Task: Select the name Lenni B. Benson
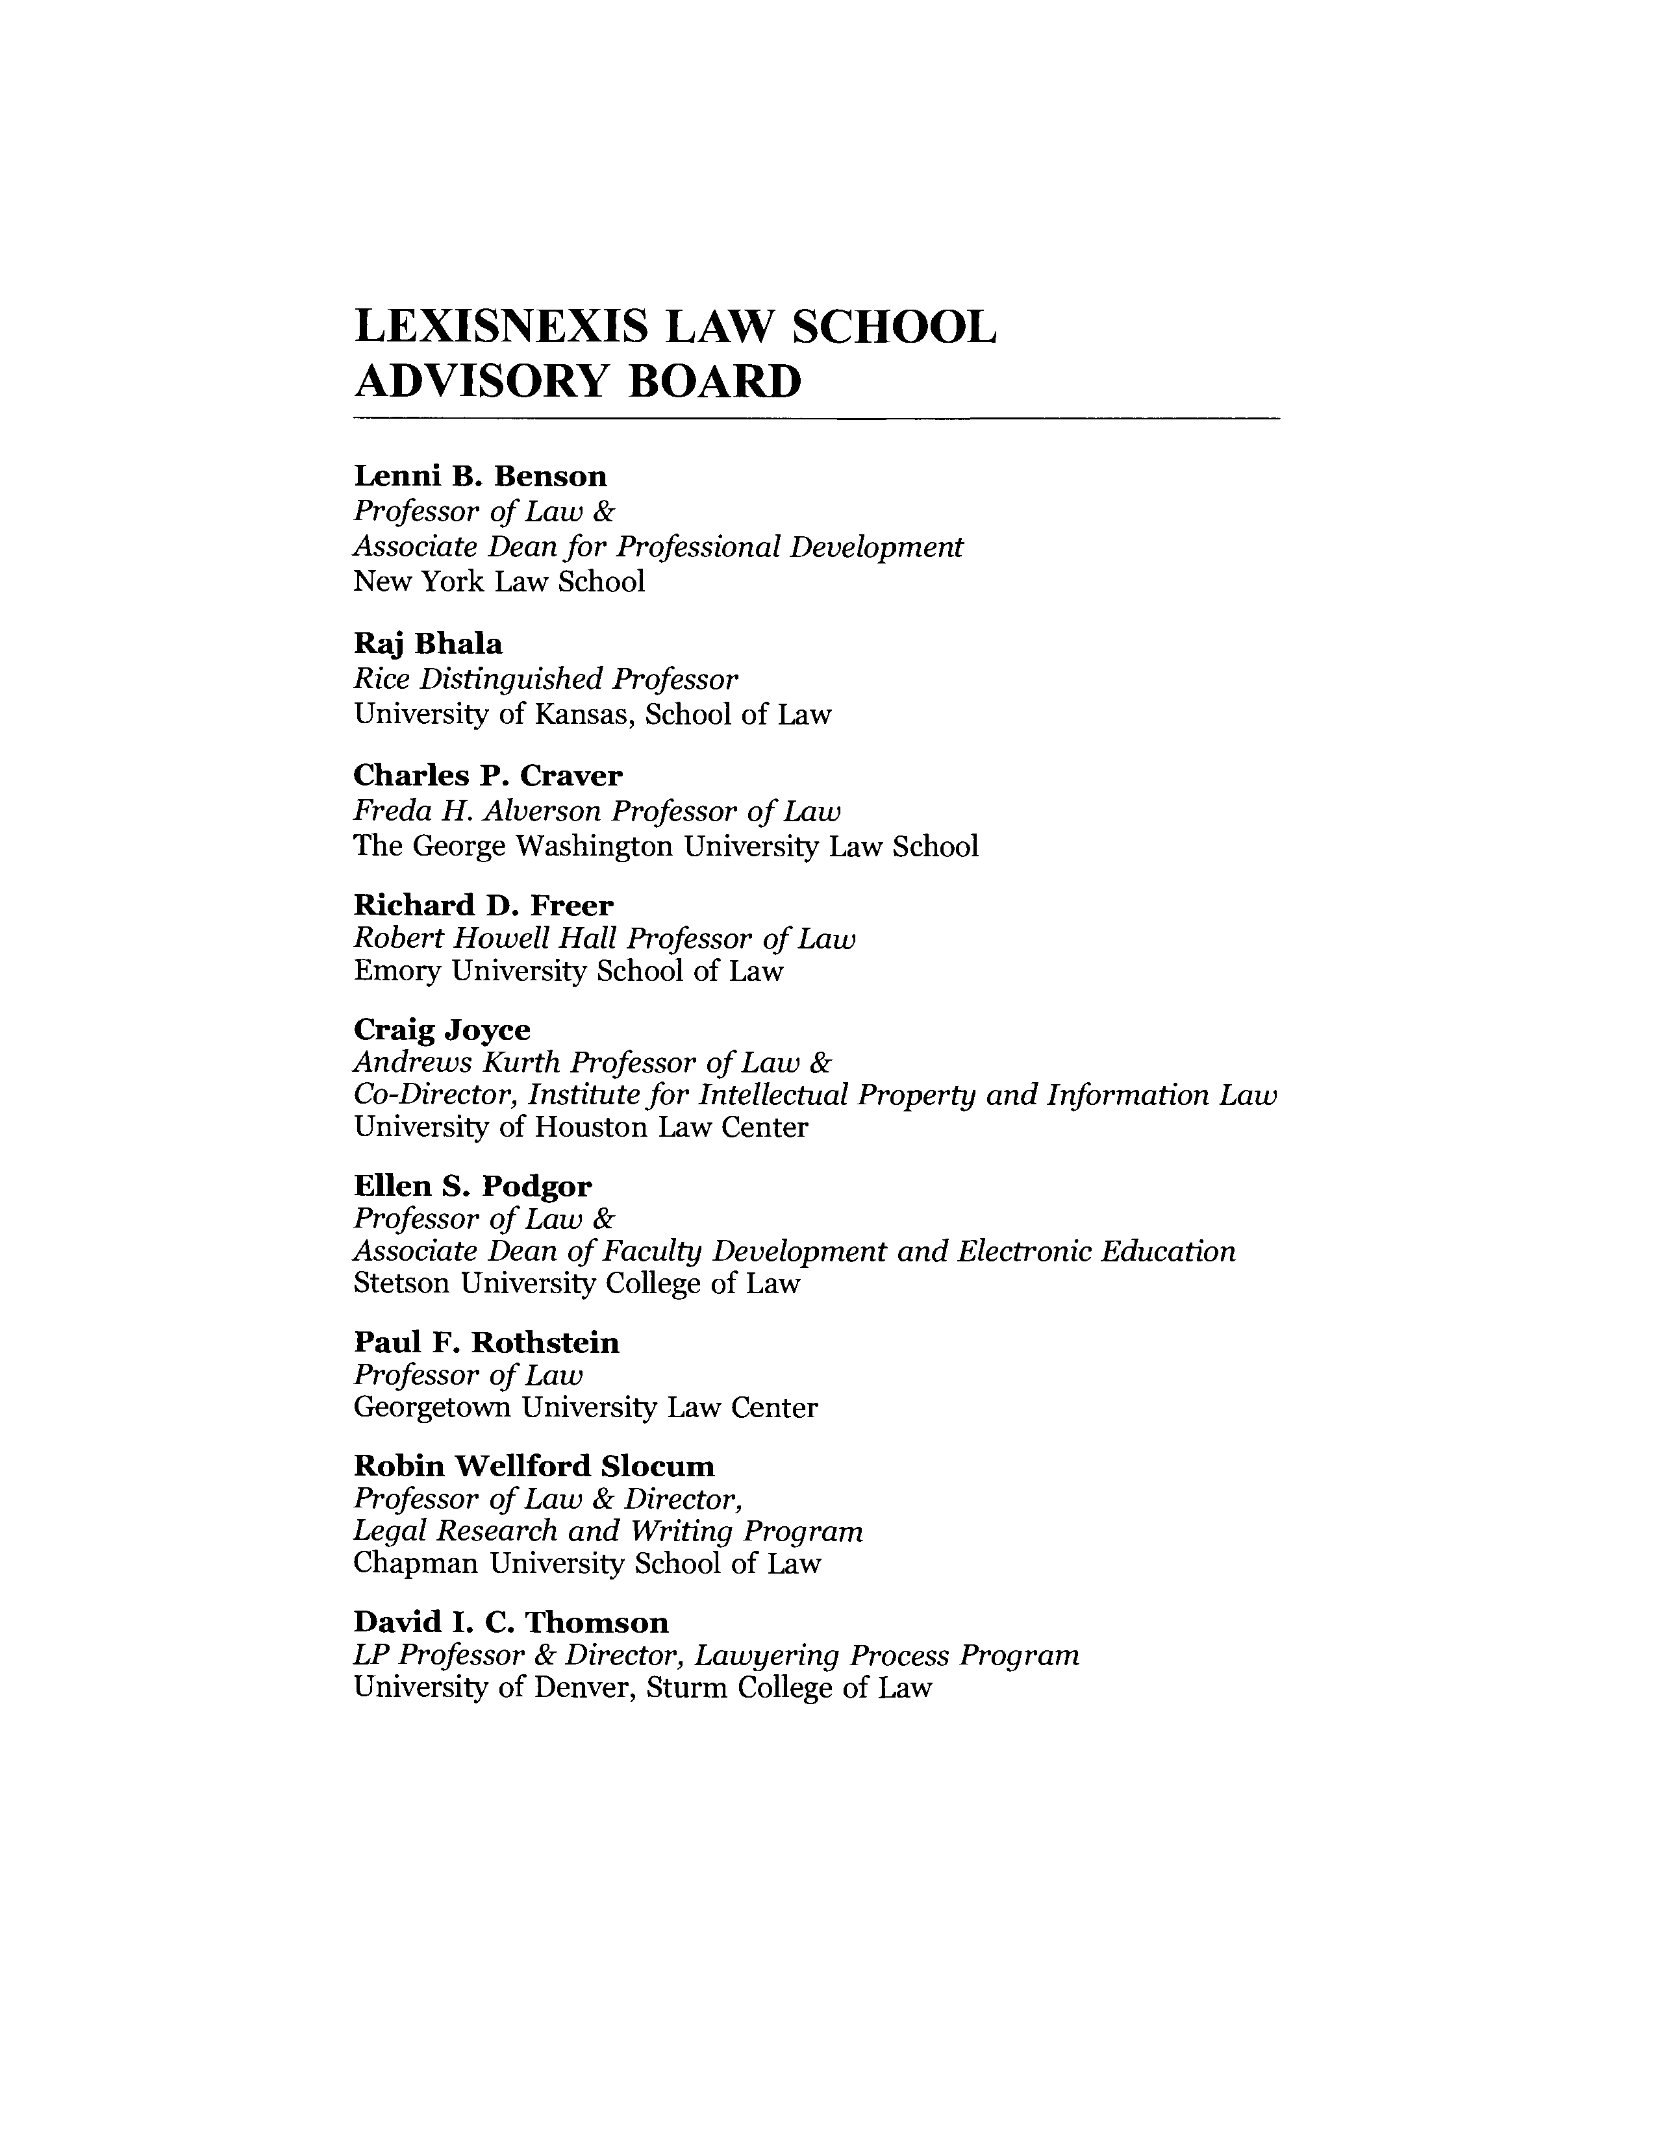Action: point(479,476)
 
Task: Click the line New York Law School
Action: point(499,582)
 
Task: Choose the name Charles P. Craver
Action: point(487,776)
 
